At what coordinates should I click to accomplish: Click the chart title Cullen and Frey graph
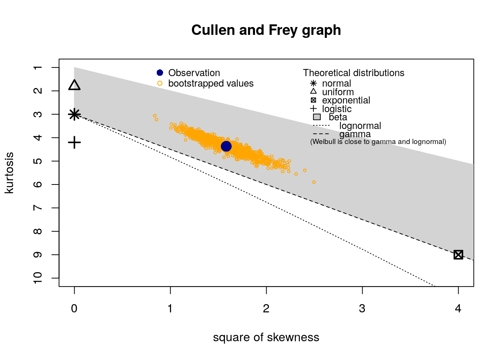coord(266,30)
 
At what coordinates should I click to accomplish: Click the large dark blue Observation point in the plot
coord(226,146)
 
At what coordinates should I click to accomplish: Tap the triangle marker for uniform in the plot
coord(75,85)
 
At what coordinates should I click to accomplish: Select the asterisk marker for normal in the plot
coord(75,114)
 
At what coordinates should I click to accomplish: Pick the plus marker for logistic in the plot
coord(75,142)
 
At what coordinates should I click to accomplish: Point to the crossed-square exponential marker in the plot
coord(458,255)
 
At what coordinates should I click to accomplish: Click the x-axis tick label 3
coord(362,309)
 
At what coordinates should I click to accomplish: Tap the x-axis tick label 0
coord(74,309)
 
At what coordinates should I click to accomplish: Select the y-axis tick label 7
coord(38,208)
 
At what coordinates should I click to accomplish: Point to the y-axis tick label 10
coord(38,278)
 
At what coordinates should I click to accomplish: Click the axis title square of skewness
coord(266,337)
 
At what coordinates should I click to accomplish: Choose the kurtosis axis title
coord(9,173)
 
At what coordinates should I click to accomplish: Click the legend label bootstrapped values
coord(211,83)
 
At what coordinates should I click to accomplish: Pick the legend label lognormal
coord(360,126)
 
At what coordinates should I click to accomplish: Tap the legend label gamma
coord(355,134)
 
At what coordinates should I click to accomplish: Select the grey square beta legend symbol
coord(317,117)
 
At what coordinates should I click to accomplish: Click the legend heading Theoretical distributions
coord(354,73)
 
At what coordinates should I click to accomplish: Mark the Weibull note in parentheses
coord(378,142)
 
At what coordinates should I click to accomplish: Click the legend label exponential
coord(346,100)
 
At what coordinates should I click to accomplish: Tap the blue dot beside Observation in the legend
coord(160,73)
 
